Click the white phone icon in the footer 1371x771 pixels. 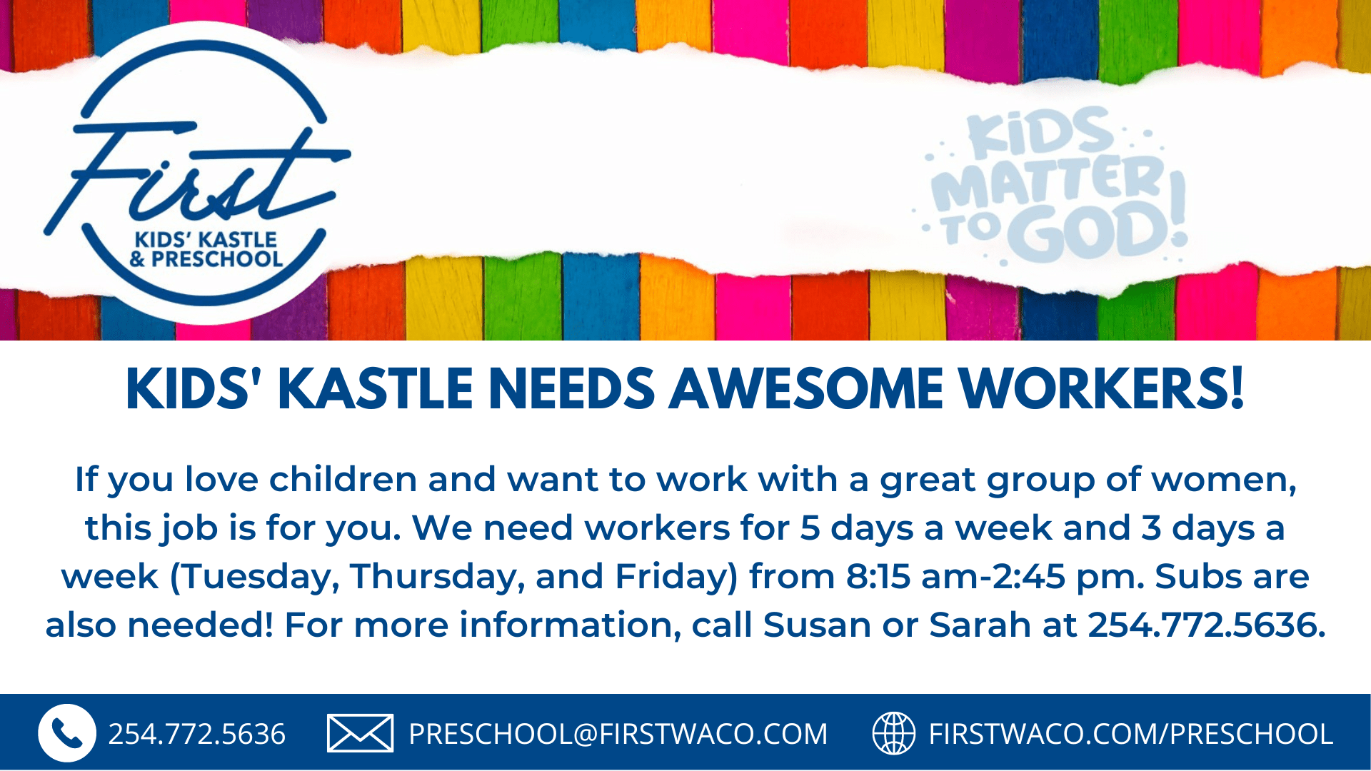(67, 733)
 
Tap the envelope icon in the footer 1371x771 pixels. (360, 733)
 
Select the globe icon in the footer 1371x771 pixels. (894, 733)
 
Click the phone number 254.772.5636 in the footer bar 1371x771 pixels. (196, 734)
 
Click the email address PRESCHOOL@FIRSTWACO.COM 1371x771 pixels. (618, 734)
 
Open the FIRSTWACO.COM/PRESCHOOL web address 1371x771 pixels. (1130, 734)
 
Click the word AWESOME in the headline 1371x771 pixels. (806, 389)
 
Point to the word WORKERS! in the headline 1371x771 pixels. (1102, 389)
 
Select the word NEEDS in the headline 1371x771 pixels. (572, 389)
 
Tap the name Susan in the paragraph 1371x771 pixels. (817, 625)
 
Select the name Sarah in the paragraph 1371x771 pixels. (980, 625)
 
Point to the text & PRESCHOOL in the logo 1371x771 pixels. (206, 258)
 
